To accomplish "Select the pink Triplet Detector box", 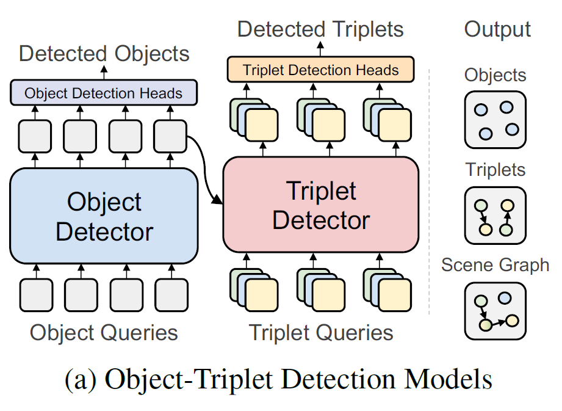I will click(321, 205).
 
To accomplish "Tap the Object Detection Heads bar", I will click(104, 93).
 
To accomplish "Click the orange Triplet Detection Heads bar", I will click(320, 70).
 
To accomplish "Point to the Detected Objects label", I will click(104, 54).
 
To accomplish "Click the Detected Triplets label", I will click(320, 29).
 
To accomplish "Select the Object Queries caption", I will click(104, 333).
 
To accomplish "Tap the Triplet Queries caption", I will click(321, 333).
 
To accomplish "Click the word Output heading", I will click(497, 29).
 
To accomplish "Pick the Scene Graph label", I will click(495, 265).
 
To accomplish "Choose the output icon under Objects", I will click(495, 120).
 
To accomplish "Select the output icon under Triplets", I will click(495, 215).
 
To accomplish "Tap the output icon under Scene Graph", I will click(495, 310).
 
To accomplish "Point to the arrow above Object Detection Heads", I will click(104, 73).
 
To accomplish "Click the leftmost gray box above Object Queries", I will click(36, 294).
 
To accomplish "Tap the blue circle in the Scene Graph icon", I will click(505, 298).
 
